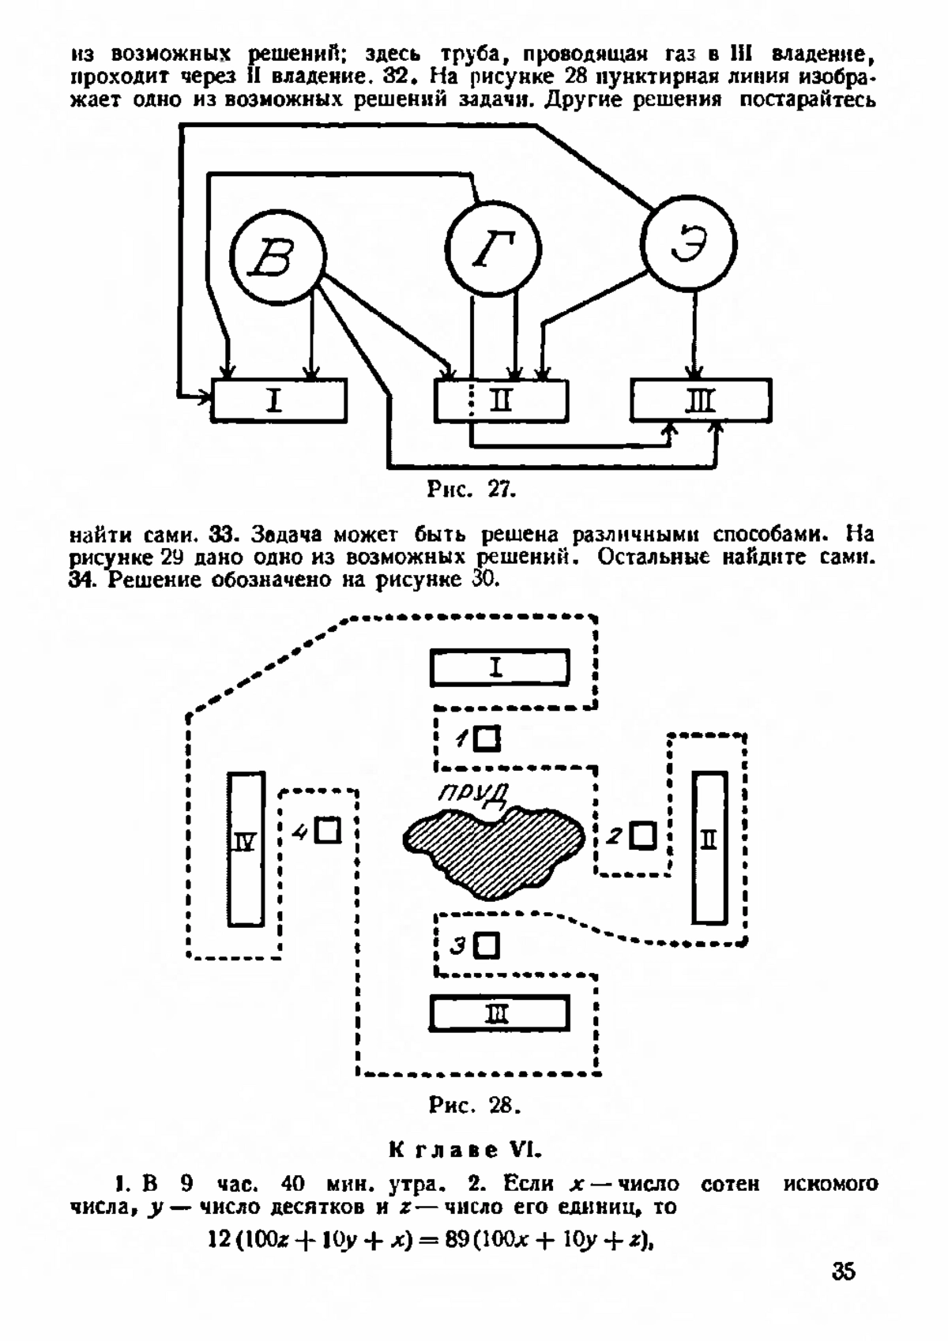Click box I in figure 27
coord(279,400)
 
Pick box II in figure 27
coord(501,400)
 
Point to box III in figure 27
coord(701,400)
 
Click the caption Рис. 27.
coord(472,490)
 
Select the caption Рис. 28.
coord(474,1105)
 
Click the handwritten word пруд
coord(473,794)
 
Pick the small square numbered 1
coord(487,738)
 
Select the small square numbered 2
coord(642,835)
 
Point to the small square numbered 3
coord(487,946)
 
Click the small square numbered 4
coord(328,830)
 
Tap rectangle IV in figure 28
coord(246,849)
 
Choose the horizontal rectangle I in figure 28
coord(500,667)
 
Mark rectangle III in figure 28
coord(499,1013)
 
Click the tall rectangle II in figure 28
coord(710,847)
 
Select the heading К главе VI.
coord(466,1150)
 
